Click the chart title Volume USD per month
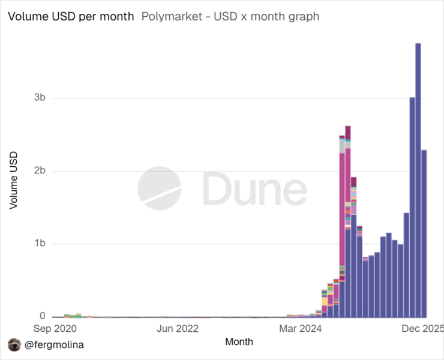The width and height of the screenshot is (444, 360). [71, 16]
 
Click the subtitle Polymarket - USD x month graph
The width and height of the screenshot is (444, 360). [230, 16]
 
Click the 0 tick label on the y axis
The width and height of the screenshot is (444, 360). [42, 316]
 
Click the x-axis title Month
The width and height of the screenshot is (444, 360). [239, 342]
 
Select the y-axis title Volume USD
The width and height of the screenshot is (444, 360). [13, 180]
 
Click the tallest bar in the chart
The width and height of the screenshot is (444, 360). [418, 180]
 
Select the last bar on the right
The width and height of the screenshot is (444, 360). [424, 234]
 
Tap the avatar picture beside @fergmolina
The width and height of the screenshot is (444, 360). [14, 345]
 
